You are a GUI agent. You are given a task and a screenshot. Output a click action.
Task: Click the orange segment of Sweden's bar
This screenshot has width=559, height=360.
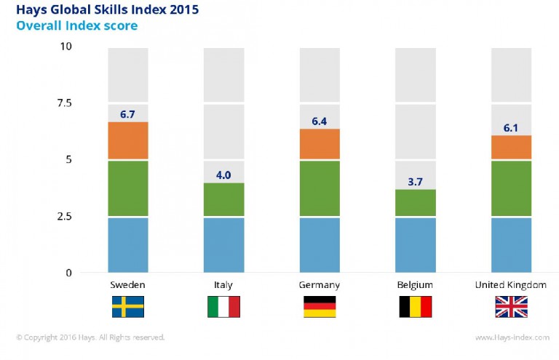click(128, 140)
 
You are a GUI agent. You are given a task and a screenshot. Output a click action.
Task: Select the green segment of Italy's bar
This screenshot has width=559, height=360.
click(223, 199)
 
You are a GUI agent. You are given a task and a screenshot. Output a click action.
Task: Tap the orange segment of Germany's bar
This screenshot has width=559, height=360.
click(320, 144)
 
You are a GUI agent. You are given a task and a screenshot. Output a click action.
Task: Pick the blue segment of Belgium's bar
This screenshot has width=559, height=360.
click(415, 245)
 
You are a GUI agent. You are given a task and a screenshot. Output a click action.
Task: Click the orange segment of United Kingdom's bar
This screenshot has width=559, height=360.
click(511, 147)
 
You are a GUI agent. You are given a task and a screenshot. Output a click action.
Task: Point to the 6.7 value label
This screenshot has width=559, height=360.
click(128, 113)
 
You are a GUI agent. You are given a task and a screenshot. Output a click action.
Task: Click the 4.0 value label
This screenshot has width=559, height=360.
click(223, 175)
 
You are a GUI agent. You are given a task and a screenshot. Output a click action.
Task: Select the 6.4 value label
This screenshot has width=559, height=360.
click(320, 121)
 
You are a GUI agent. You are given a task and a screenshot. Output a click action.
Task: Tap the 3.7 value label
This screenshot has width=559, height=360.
click(415, 181)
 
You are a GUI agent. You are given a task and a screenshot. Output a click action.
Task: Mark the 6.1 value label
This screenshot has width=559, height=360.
click(511, 127)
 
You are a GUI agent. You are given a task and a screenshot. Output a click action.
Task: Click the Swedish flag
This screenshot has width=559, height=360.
click(128, 306)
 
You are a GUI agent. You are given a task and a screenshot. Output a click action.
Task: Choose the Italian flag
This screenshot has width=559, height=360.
click(223, 306)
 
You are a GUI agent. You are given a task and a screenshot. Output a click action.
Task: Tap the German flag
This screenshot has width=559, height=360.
click(320, 306)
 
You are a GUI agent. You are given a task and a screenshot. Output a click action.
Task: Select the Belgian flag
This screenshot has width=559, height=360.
click(415, 306)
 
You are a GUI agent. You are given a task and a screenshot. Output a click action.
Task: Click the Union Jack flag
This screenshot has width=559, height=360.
click(511, 306)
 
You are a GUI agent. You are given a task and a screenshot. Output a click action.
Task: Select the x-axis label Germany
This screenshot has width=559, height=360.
click(320, 284)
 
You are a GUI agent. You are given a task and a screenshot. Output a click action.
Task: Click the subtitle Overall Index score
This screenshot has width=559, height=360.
click(76, 26)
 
